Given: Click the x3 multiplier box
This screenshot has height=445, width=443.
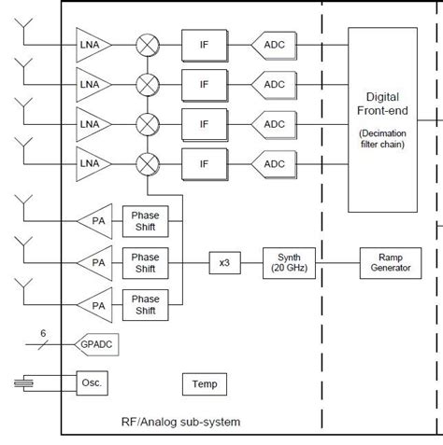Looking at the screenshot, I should pos(225,262).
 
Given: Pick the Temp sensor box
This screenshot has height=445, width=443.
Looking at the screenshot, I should pos(204,383).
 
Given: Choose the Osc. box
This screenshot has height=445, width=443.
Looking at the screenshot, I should pos(92,383).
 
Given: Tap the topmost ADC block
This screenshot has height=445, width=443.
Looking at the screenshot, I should pos(272,44).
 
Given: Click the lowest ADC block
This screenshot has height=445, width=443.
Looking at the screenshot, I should pos(272,164).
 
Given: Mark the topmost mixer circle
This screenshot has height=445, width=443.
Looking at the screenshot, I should pos(148,44).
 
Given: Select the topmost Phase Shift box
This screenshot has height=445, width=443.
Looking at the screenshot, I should pos(146,221).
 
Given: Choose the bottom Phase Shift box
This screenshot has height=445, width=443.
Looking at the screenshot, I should pos(146,303).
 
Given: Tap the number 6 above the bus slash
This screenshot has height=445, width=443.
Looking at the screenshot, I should pos(42,332).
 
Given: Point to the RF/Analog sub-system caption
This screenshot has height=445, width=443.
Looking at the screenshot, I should pos(180,422).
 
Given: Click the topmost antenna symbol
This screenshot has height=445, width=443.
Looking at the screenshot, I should pos(23,35).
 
